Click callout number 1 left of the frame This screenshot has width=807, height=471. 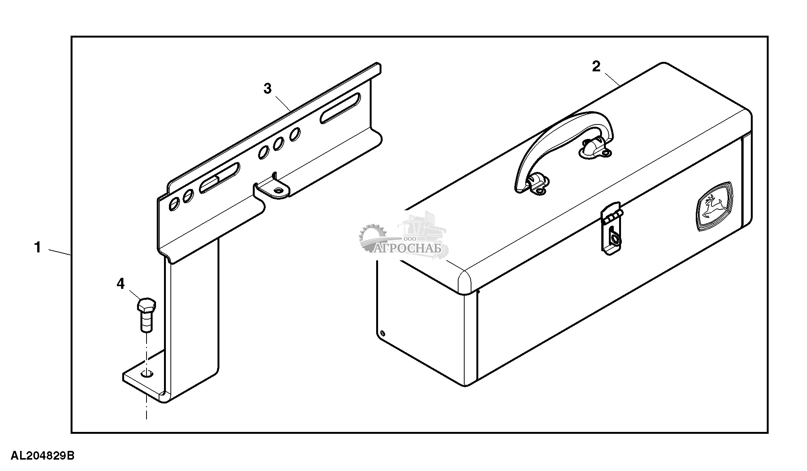pos(37,247)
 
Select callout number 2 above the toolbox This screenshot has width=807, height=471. pos(596,66)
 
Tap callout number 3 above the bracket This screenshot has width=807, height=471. pos(268,88)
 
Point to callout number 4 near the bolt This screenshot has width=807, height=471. pos(120,284)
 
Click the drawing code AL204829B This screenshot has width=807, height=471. pos(43,455)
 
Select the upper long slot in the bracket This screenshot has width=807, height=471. pos(340,108)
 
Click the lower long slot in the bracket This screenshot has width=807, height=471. pos(219,178)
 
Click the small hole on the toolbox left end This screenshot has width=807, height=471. pos(383,334)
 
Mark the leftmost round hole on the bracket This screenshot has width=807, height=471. pos(173,204)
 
